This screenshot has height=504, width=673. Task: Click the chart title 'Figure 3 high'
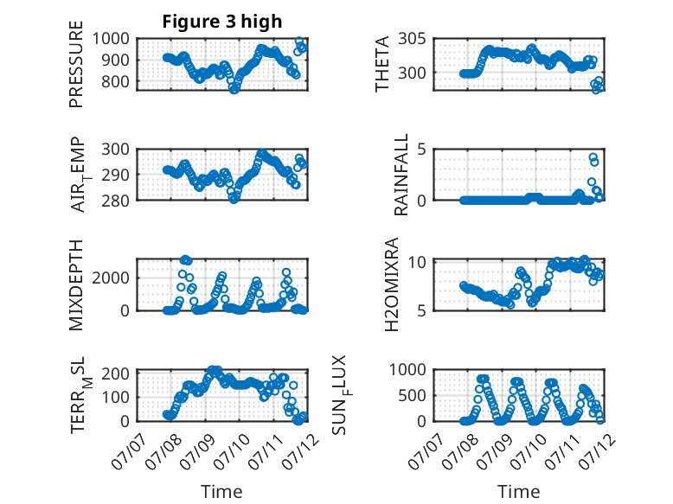[222, 22]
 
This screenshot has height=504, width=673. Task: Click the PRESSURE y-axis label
[76, 64]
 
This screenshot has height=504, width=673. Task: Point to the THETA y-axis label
[381, 64]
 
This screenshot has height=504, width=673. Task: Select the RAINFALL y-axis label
[401, 175]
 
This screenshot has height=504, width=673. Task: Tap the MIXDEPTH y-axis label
[76, 285]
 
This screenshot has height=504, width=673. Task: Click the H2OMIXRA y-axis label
[392, 284]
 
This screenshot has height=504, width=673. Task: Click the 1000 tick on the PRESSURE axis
[111, 39]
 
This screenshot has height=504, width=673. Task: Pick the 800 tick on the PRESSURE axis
[115, 81]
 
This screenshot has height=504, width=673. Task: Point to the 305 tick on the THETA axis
[412, 39]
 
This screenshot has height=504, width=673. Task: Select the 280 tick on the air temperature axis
[115, 201]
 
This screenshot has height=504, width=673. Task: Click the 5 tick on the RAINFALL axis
[422, 150]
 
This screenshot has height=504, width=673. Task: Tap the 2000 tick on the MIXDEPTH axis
[111, 278]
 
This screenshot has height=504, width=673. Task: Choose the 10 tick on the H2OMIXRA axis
[417, 261]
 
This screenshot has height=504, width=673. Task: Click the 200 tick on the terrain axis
[115, 373]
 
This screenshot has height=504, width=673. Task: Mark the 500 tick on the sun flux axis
[412, 395]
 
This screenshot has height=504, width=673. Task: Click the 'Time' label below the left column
[222, 492]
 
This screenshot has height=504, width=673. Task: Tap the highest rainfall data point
[593, 157]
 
